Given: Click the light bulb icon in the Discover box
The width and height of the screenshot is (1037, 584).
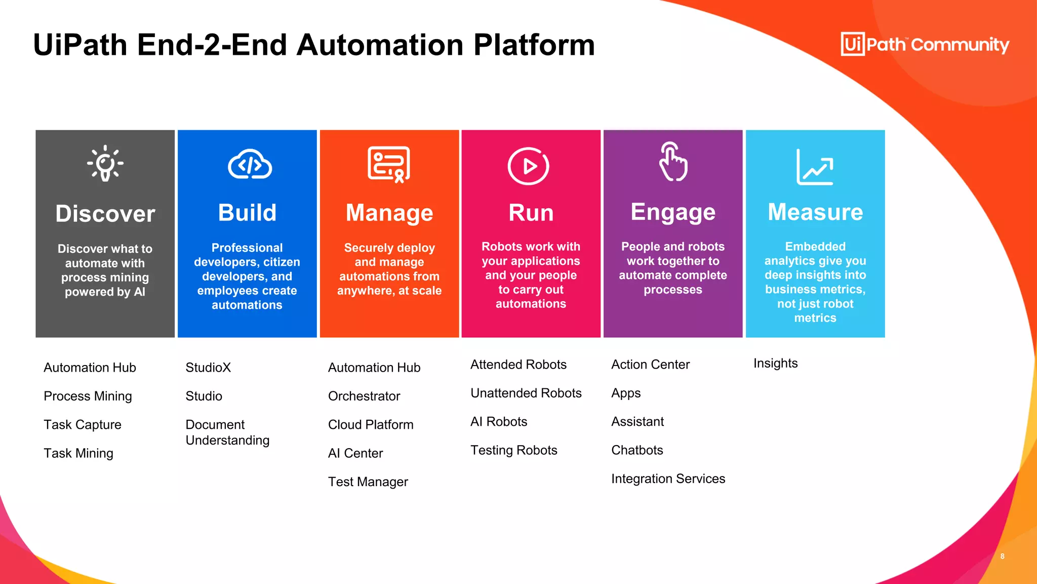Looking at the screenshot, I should click(105, 163).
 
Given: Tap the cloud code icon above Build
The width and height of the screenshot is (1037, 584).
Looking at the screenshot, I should click(250, 165).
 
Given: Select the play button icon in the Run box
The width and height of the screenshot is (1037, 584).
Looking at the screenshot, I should click(528, 166).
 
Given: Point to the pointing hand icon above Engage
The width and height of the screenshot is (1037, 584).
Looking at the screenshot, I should click(672, 162).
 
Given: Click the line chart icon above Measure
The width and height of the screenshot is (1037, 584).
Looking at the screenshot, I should click(815, 167).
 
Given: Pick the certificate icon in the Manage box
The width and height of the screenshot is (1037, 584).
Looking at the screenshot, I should click(389, 164).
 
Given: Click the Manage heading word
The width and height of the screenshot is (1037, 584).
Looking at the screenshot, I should click(389, 213).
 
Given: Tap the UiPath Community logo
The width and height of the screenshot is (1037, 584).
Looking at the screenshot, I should click(925, 45).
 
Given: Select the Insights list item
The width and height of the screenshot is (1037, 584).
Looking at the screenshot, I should click(775, 363).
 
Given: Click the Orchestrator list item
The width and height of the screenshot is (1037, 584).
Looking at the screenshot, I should click(364, 396).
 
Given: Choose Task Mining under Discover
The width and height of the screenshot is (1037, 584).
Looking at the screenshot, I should click(78, 453).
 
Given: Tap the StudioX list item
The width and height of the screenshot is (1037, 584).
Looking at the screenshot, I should click(208, 368).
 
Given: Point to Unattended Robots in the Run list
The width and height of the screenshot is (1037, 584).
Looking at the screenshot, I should click(526, 393).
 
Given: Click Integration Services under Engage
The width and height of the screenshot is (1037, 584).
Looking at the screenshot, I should click(668, 479).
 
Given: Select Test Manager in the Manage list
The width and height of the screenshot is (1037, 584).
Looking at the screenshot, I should click(368, 482).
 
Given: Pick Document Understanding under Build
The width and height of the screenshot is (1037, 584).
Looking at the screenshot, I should click(227, 432).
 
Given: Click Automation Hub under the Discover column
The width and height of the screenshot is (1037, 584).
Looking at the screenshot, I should click(90, 368).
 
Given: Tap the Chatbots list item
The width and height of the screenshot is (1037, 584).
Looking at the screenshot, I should click(637, 450).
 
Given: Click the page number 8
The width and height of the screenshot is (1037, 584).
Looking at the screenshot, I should click(1002, 556).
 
